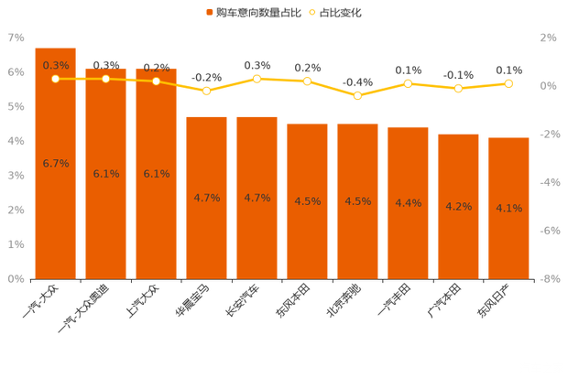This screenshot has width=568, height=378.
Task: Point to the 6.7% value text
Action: [x=56, y=163]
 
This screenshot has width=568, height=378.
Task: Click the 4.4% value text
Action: [x=408, y=203]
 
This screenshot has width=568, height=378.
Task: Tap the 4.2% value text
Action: [x=458, y=207]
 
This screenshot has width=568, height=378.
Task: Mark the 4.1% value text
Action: [x=508, y=209]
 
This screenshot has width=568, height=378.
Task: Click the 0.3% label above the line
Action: [x=56, y=65]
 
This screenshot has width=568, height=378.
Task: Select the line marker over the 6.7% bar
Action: [x=56, y=79]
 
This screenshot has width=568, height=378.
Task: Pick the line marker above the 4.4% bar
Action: [x=408, y=83]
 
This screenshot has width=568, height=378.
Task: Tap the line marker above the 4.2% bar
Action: [x=458, y=88]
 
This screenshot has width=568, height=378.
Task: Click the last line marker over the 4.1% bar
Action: [x=508, y=83]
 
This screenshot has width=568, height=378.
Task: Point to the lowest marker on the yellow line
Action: [x=357, y=95]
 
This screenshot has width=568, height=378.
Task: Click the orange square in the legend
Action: [x=210, y=13]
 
